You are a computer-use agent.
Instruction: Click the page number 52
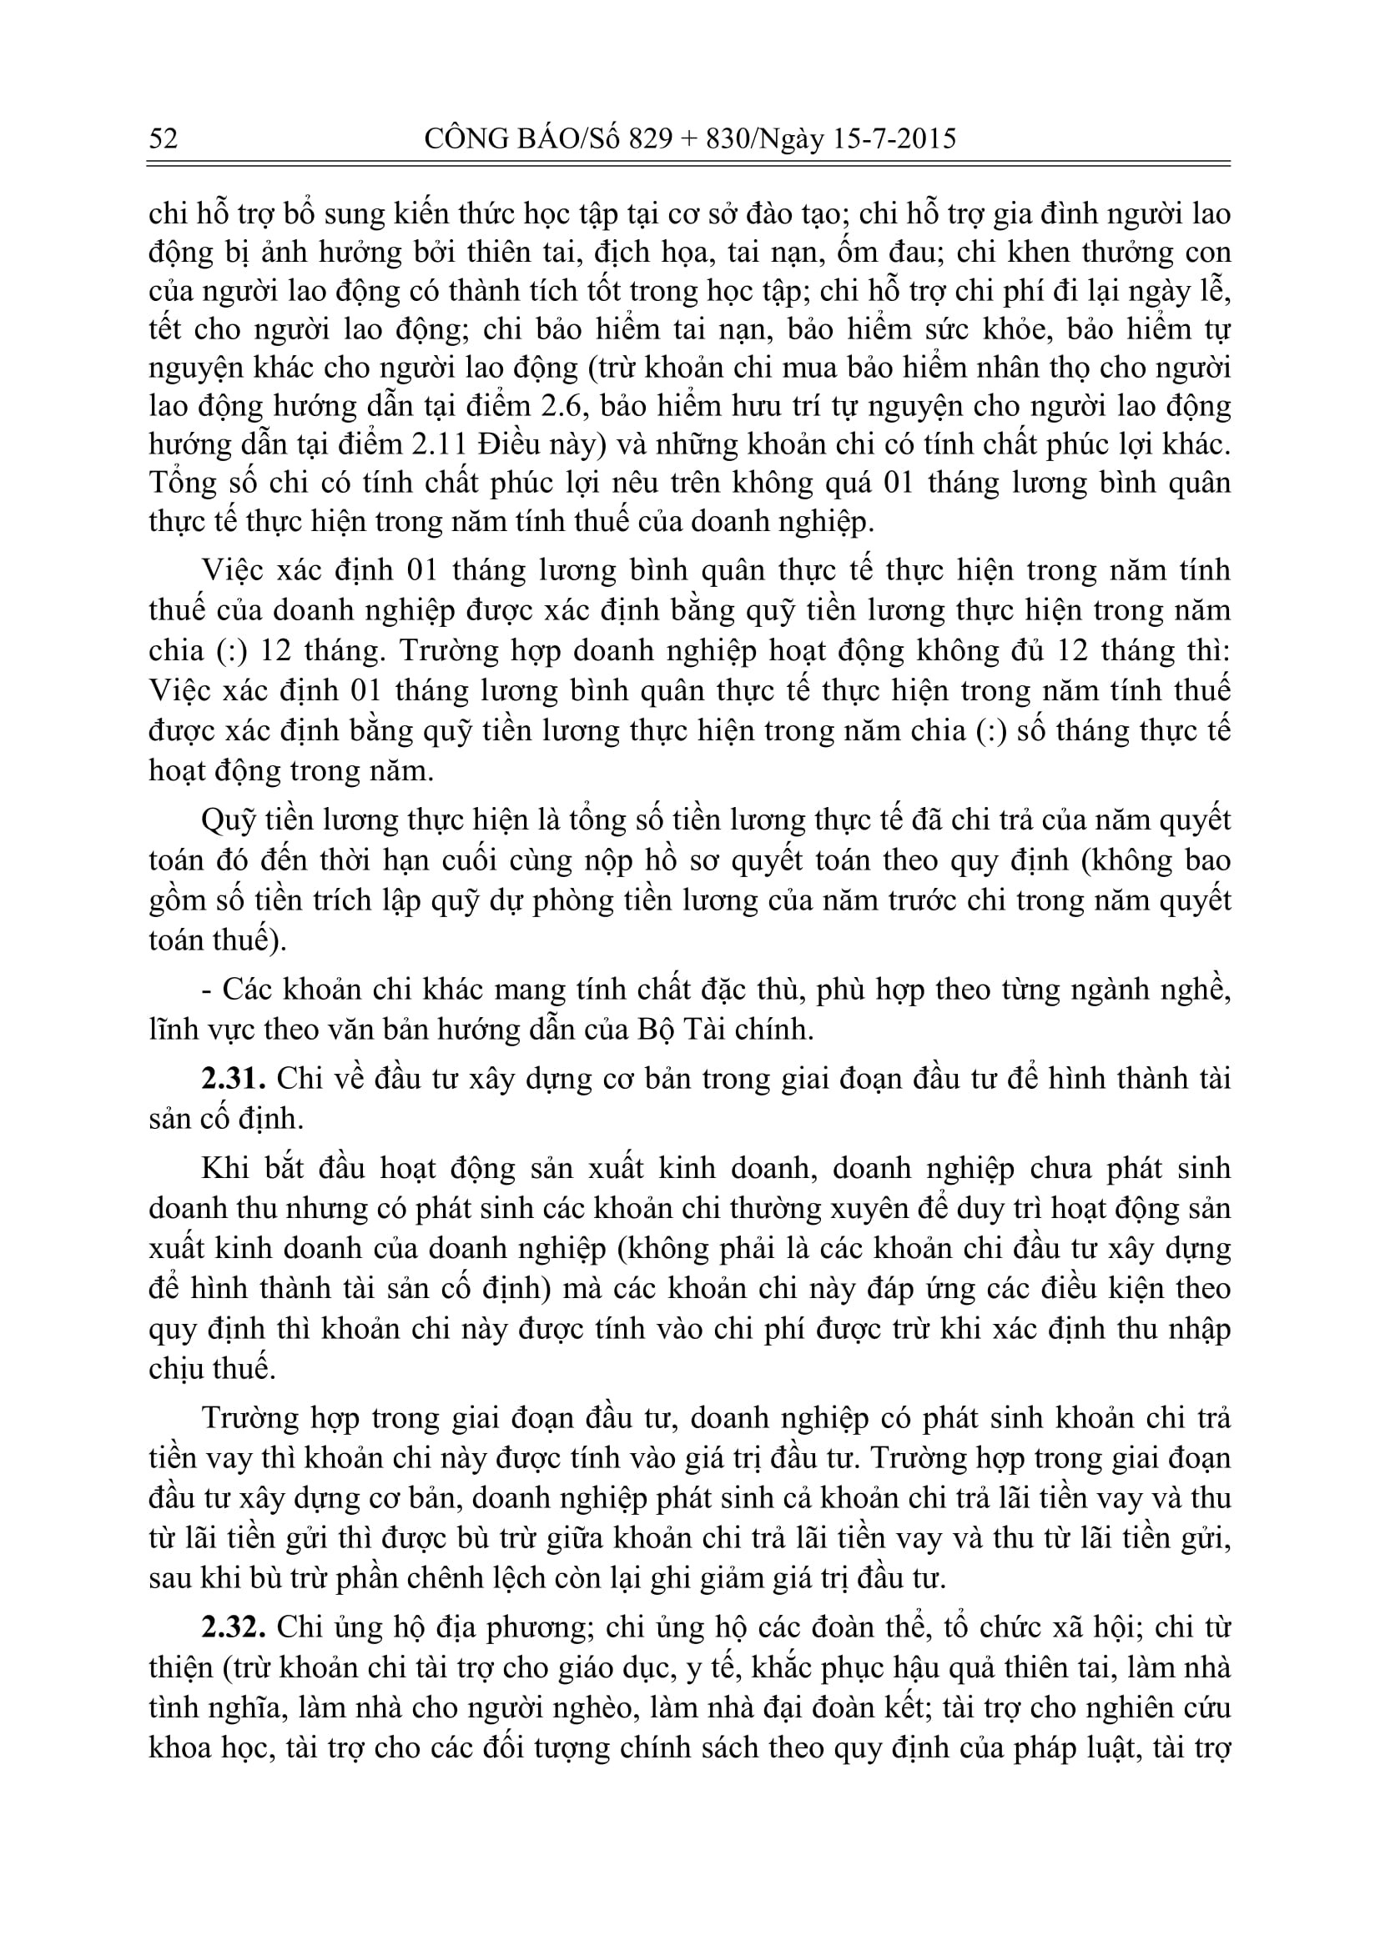click(164, 138)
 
